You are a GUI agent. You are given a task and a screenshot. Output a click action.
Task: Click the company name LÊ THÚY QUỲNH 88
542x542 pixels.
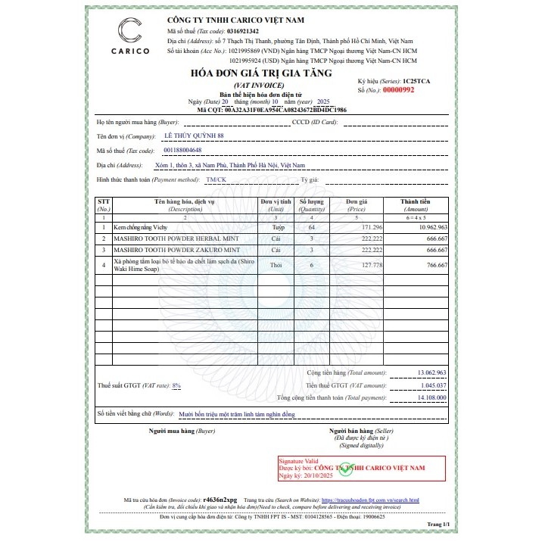click(194, 135)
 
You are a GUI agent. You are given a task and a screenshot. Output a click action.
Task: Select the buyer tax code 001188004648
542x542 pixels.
click(183, 150)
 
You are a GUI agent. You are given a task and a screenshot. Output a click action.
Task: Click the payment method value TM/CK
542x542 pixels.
click(216, 179)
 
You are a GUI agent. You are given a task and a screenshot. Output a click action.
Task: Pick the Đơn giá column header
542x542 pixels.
click(357, 203)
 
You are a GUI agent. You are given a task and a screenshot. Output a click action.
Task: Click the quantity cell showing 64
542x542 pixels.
click(312, 227)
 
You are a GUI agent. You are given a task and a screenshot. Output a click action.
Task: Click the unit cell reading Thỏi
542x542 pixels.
click(276, 265)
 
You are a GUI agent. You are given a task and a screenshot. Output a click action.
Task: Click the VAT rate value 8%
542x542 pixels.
click(176, 385)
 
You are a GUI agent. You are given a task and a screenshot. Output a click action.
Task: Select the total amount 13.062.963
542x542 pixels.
click(432, 372)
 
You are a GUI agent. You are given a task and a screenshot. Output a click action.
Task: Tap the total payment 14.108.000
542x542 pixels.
click(432, 397)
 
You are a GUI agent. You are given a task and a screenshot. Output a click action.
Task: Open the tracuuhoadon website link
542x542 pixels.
click(370, 500)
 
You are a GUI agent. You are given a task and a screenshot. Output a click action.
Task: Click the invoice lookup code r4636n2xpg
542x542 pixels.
click(221, 500)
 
